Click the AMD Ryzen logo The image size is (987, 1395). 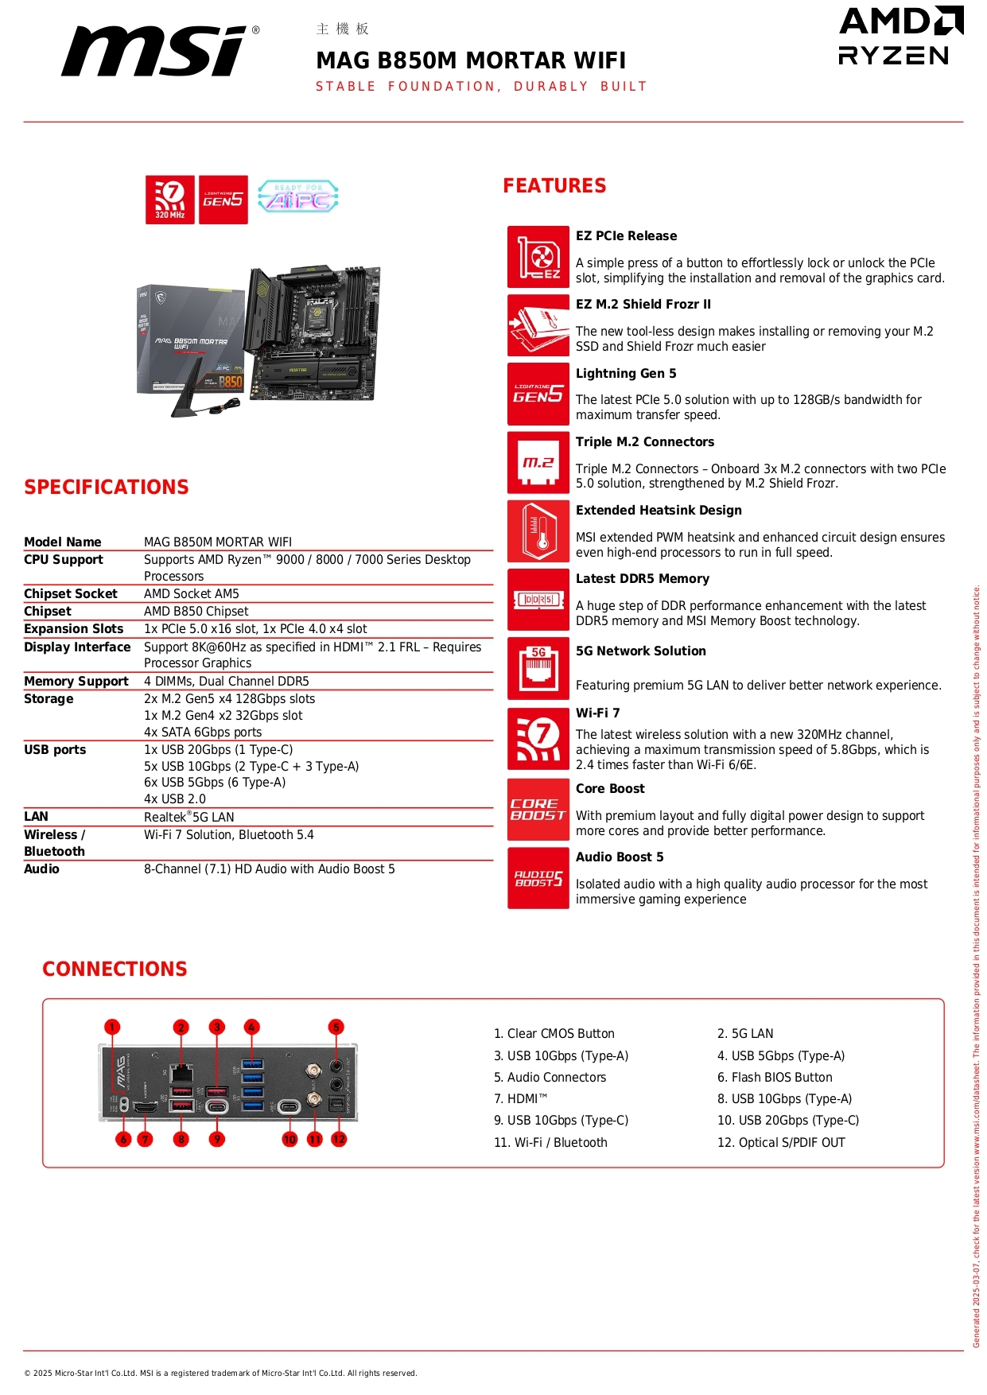point(900,37)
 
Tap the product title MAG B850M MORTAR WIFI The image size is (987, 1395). point(471,60)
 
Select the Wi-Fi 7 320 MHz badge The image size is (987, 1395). point(170,200)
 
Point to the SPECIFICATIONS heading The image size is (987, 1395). point(107,487)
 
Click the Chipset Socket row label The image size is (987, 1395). point(71,593)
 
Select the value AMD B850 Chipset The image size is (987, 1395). point(196,611)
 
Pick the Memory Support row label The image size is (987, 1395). point(76,681)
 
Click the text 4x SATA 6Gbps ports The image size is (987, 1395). point(203,732)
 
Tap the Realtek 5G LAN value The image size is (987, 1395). point(189,817)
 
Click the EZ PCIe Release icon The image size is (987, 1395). point(538,257)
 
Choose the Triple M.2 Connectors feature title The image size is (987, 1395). point(645,441)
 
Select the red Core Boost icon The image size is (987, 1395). point(538,810)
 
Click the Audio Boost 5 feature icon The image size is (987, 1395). point(538,878)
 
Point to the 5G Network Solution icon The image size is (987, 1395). point(538,668)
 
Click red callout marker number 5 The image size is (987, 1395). point(336,1027)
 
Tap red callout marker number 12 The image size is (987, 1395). point(339,1139)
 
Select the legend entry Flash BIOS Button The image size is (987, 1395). point(775,1077)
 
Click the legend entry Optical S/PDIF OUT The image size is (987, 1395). point(781,1142)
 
